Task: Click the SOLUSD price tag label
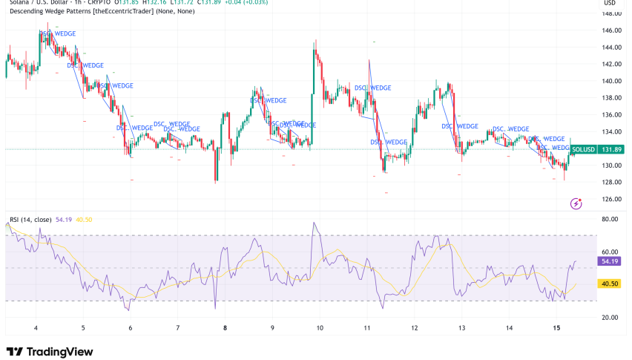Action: tap(583, 149)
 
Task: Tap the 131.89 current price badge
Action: tap(612, 149)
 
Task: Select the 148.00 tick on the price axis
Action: tap(611, 13)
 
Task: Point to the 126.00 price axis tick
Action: tap(611, 199)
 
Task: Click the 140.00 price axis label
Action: tap(611, 81)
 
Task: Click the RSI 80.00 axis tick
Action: tap(610, 220)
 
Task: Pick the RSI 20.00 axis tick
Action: tap(610, 318)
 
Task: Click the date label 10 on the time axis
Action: tap(320, 327)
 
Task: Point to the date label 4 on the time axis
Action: tap(36, 327)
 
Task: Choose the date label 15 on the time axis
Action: tap(556, 327)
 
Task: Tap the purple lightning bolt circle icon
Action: tap(576, 203)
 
